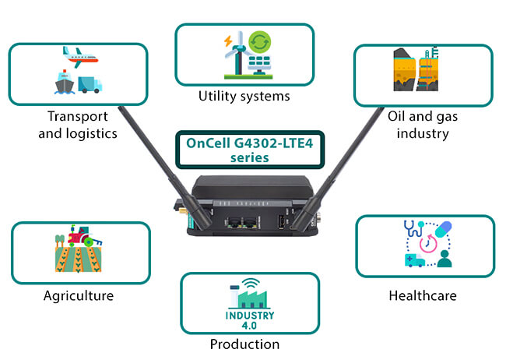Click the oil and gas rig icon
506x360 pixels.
pos(422,72)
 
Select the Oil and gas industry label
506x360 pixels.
pos(418,125)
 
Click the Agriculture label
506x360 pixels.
pos(79,296)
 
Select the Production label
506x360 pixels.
pos(244,344)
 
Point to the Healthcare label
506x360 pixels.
pos(422,296)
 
